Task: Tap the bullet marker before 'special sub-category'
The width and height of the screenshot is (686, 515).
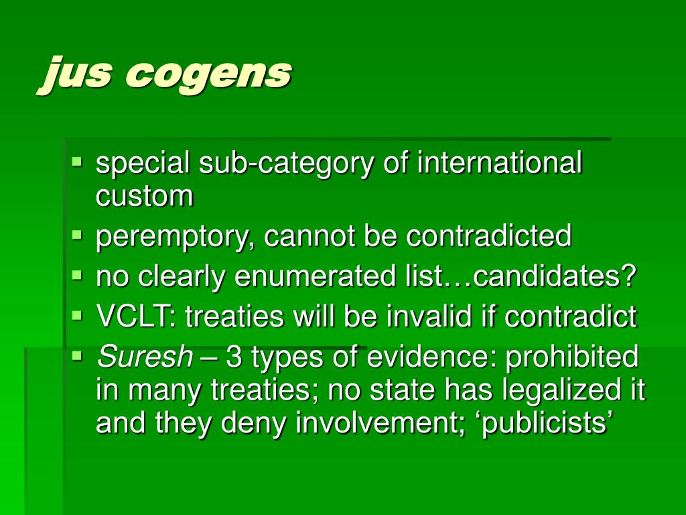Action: (x=77, y=162)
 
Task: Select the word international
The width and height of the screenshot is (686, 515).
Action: (x=500, y=164)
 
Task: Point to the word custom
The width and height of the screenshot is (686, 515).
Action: (x=145, y=196)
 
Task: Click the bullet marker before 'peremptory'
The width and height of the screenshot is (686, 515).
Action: (x=77, y=235)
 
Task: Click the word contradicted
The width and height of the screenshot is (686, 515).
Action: (x=489, y=236)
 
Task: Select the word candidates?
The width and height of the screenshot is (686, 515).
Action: (x=555, y=277)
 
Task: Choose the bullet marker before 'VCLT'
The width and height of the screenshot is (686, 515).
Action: (x=77, y=314)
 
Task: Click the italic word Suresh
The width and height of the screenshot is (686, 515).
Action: (x=145, y=357)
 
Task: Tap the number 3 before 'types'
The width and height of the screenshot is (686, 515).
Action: (x=234, y=357)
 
